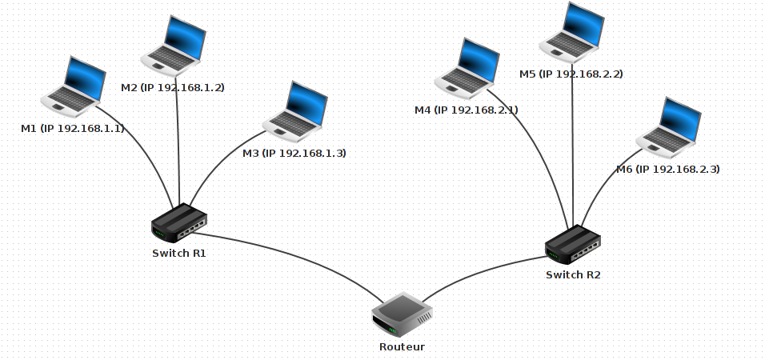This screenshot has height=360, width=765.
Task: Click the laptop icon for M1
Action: point(74,84)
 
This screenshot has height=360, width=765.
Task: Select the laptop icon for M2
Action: point(174,45)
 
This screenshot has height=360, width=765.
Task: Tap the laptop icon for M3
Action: point(295,110)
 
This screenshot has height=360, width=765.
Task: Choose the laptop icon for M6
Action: point(669,126)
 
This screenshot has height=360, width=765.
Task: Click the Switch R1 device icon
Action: point(179,223)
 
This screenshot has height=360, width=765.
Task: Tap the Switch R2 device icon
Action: point(573,244)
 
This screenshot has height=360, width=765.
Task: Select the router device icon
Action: point(403,314)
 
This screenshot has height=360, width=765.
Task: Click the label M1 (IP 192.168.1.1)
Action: point(73,128)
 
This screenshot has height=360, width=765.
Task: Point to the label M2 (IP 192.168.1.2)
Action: point(172,87)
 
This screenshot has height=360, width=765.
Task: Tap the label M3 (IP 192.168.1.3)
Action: point(294,153)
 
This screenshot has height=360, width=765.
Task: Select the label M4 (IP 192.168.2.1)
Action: point(466,110)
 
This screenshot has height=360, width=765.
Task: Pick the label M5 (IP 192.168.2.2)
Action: point(571,74)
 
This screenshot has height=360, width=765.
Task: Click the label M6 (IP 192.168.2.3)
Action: point(667,170)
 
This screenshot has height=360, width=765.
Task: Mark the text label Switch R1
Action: point(179,253)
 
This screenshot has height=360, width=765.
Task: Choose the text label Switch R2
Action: point(573,275)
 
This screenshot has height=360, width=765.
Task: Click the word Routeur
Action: point(402,347)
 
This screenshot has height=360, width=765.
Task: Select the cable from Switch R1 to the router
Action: point(296,256)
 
